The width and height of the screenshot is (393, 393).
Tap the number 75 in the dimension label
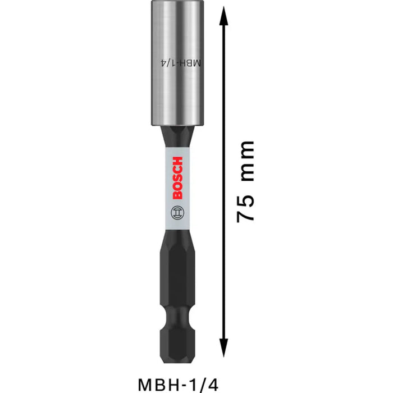coord(247,209)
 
